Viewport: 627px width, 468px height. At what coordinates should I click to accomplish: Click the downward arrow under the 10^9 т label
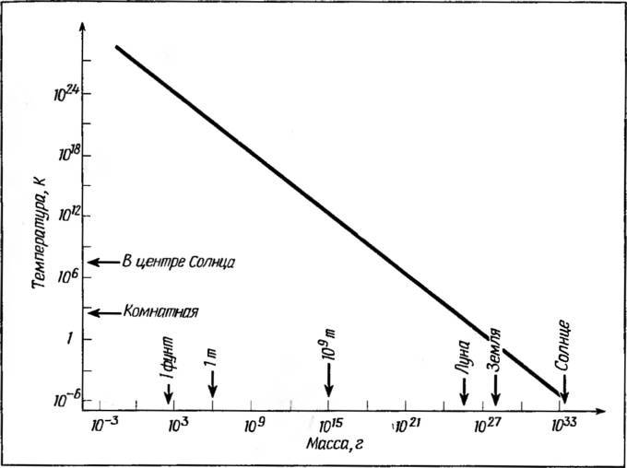[x=328, y=380]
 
